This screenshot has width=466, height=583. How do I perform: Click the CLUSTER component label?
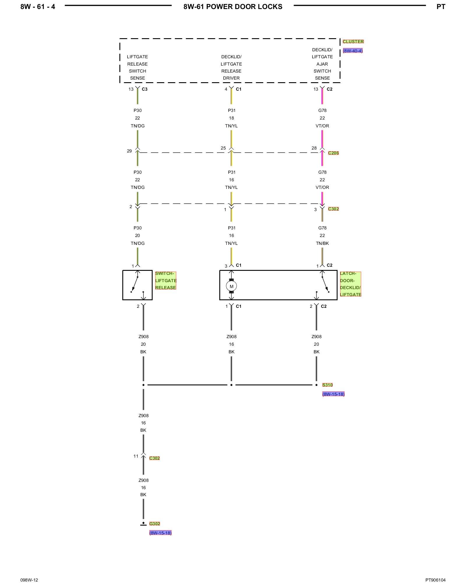tap(353, 42)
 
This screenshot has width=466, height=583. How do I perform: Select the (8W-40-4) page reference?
tap(353, 51)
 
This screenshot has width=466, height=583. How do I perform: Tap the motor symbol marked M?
tap(231, 286)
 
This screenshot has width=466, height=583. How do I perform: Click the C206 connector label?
tap(333, 153)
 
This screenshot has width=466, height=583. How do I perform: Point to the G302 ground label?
tap(155, 524)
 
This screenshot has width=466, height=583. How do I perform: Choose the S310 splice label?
tap(327, 385)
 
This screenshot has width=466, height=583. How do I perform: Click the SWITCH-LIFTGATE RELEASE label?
tap(166, 280)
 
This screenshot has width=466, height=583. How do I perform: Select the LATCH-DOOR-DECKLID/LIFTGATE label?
tap(350, 284)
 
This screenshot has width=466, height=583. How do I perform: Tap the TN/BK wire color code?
tap(322, 243)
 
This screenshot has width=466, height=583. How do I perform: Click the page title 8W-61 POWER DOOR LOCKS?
tap(233, 7)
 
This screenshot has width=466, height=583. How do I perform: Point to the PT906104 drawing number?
tap(435, 580)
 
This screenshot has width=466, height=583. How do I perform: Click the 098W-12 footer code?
tap(29, 580)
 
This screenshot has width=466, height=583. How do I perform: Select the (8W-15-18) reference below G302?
tap(160, 533)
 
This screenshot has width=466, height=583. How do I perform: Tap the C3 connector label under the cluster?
tap(144, 89)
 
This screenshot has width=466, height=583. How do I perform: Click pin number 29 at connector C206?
tap(129, 151)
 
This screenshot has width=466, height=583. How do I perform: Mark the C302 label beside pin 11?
tap(154, 458)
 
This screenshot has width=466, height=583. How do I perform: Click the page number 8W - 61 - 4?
tap(38, 7)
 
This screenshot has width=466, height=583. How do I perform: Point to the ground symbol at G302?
tap(143, 524)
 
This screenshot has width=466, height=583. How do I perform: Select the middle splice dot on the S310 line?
tap(231, 385)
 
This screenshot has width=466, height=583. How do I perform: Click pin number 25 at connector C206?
tap(223, 148)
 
